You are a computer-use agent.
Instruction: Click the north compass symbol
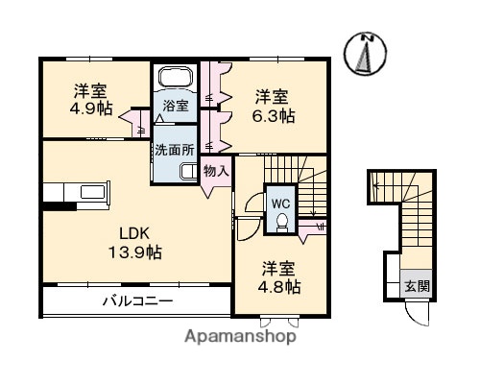[369, 54]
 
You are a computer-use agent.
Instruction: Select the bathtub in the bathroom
[175, 79]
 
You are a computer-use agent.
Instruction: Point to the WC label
[280, 203]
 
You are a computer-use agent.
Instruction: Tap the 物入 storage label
[216, 171]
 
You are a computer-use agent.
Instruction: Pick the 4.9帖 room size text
[91, 108]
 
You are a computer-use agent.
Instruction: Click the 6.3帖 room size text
[274, 114]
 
